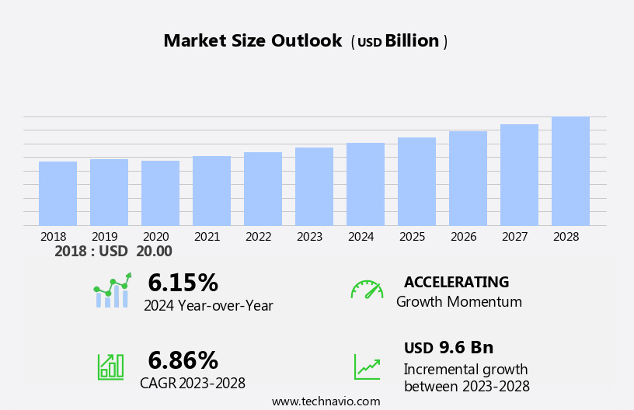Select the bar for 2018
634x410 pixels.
point(57,193)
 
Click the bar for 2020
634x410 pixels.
point(160,193)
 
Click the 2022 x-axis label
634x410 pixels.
point(259,236)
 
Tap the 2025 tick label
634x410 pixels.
point(413,236)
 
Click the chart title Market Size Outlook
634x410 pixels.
point(253,41)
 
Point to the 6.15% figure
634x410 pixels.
point(183,283)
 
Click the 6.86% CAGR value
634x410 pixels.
point(183,360)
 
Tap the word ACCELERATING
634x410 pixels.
point(456,282)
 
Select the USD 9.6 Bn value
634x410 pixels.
point(448,347)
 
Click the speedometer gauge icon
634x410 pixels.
point(367,290)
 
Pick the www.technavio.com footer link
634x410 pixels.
point(326,401)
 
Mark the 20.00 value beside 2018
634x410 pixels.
point(154,252)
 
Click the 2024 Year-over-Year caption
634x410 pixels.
point(208,306)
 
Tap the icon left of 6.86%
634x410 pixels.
point(110,366)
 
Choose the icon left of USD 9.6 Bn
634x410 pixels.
point(367,367)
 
